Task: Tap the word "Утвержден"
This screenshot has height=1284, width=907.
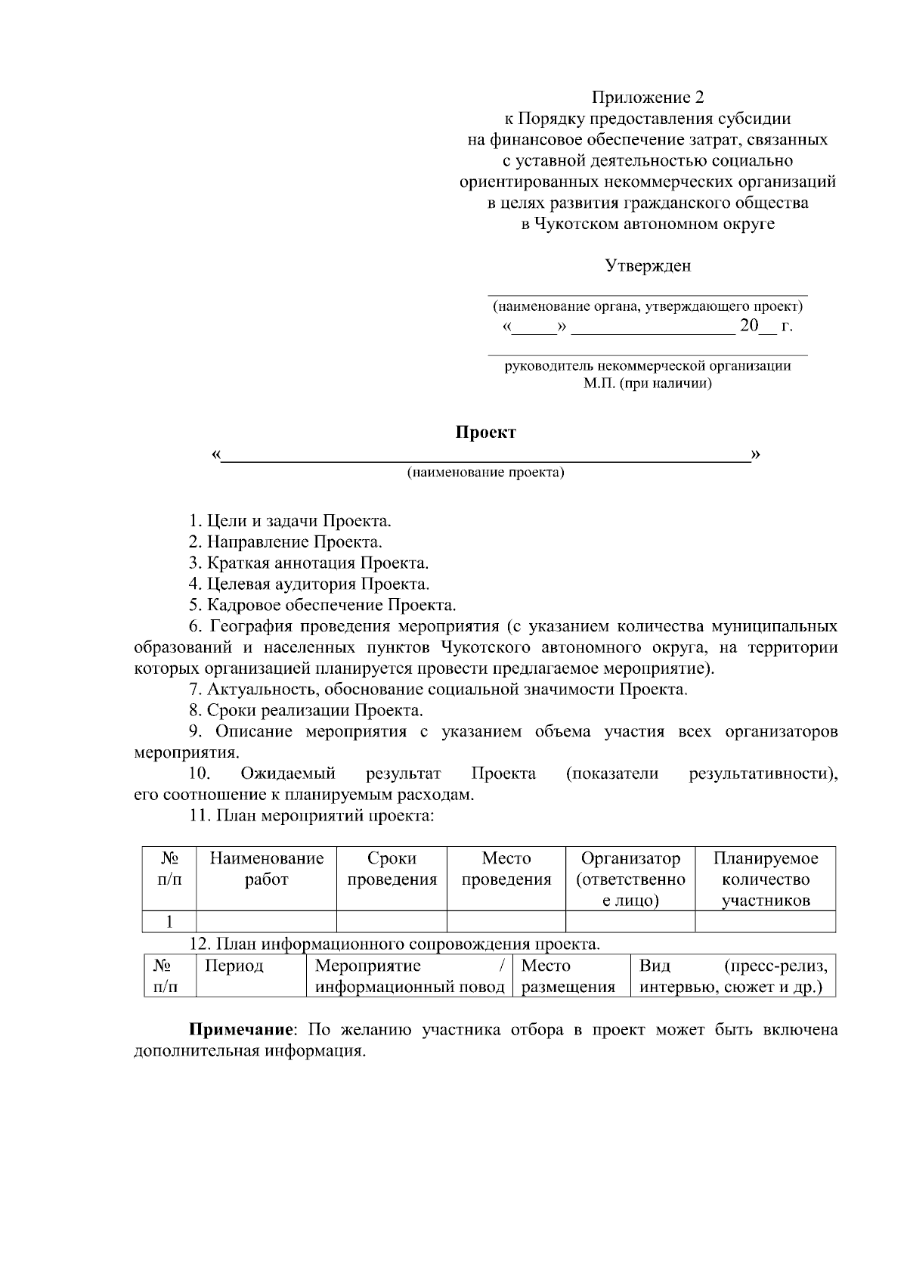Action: tap(647, 266)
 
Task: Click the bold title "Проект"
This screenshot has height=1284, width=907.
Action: tap(485, 433)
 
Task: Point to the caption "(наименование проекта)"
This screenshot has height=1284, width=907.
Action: tap(485, 473)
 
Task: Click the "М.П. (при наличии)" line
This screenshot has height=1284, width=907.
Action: tap(647, 383)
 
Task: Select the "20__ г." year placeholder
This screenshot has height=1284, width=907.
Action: tap(765, 327)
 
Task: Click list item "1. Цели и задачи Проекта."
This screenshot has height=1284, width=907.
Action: tap(289, 521)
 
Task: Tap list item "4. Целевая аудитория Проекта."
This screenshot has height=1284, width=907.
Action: tap(308, 585)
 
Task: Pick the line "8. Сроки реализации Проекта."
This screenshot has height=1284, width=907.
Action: tap(305, 711)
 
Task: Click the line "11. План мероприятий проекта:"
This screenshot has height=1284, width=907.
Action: tap(311, 816)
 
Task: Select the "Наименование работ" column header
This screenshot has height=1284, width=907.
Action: tap(266, 869)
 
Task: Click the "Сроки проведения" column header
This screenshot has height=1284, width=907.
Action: tap(392, 869)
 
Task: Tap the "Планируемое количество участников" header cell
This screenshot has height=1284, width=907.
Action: tap(765, 879)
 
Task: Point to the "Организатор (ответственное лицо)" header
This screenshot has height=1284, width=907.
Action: tap(630, 879)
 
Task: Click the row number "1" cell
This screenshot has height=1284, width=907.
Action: tap(170, 922)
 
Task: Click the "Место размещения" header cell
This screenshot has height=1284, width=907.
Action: tap(568, 976)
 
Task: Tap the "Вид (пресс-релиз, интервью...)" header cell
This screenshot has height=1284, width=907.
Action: tap(732, 976)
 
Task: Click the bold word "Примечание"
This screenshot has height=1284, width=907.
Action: tap(240, 1031)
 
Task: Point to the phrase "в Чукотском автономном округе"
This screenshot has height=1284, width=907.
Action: tap(647, 224)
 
